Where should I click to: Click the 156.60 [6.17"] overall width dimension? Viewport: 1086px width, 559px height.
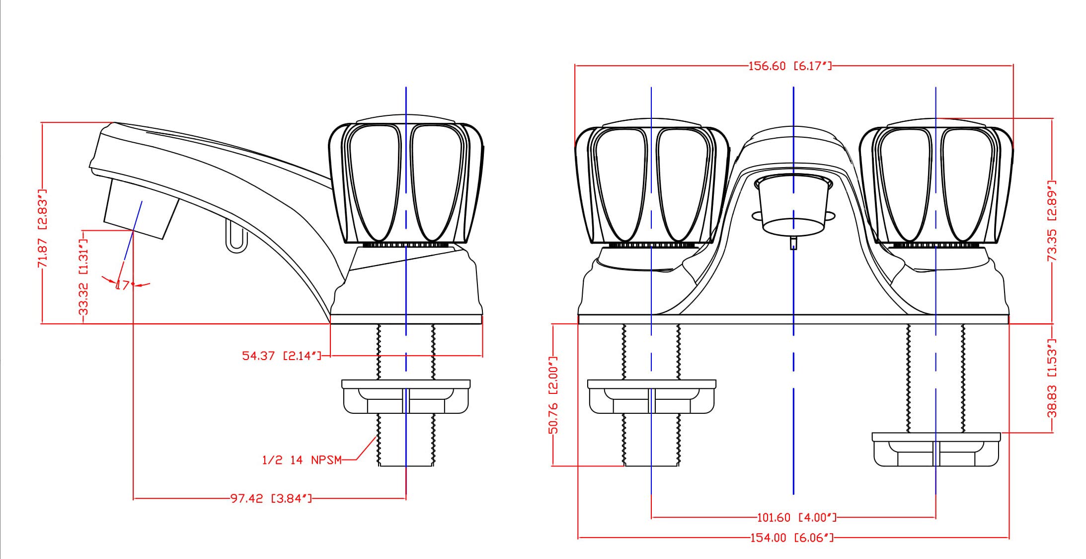[789, 66]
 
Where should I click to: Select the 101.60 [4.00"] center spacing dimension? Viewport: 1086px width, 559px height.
[796, 518]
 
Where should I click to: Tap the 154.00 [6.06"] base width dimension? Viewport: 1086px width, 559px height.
[792, 538]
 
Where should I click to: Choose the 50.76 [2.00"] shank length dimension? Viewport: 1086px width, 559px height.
[553, 395]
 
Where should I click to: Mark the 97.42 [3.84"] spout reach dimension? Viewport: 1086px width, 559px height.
[271, 498]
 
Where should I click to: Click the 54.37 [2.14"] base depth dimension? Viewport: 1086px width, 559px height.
[282, 356]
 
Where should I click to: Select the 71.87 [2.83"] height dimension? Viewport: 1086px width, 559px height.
[43, 228]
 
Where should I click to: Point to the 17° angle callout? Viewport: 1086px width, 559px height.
[123, 285]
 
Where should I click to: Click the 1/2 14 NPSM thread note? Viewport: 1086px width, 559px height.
[302, 460]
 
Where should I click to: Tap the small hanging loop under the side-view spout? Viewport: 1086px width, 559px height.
[236, 236]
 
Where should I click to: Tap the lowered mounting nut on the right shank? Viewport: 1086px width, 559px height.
[936, 450]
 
